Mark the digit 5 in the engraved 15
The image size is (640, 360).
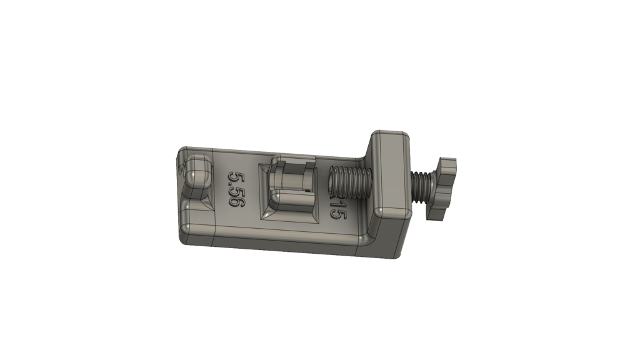[x=338, y=214]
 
